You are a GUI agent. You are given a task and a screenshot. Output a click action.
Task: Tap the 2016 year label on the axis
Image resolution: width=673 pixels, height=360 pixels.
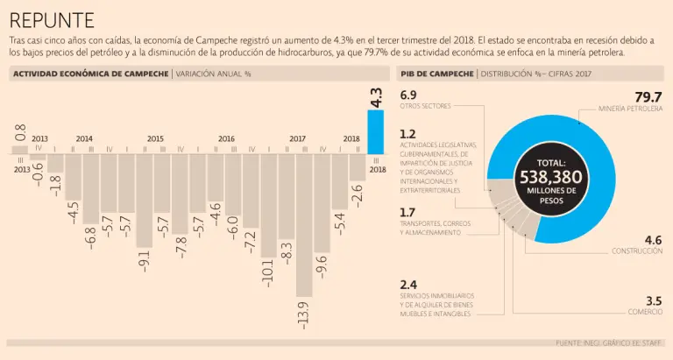click(225, 139)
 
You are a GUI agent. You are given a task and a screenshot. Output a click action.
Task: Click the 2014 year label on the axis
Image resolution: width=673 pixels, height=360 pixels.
click(84, 139)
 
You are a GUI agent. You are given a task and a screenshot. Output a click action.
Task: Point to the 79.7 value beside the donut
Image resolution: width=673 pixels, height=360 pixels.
click(648, 96)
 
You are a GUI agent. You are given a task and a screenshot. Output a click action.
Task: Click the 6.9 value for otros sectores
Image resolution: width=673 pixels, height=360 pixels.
click(407, 95)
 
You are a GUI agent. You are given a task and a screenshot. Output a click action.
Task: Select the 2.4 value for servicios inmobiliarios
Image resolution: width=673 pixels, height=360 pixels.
click(407, 285)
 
